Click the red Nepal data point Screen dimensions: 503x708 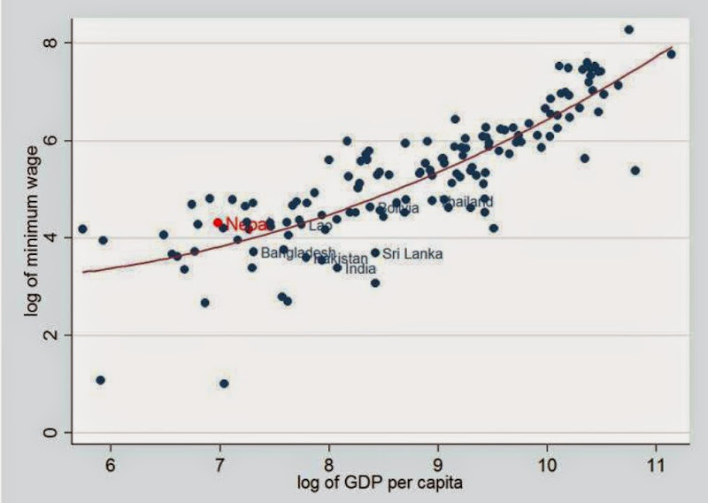tap(218, 222)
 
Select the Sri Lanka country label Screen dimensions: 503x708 tap(412, 254)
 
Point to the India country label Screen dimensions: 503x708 tap(360, 268)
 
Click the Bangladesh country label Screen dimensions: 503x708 tap(298, 252)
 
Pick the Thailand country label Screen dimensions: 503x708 tap(467, 202)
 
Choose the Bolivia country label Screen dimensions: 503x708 tap(398, 208)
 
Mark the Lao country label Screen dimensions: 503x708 tap(320, 226)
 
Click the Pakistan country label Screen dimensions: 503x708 tap(342, 259)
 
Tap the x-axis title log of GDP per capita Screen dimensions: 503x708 tap(381, 484)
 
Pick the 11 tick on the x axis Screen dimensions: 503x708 tap(656, 463)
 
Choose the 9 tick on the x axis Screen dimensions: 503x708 tap(438, 463)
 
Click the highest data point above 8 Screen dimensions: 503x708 tap(628, 29)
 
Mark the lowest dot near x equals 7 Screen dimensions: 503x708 tap(224, 383)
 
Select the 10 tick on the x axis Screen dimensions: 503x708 tap(547, 463)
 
